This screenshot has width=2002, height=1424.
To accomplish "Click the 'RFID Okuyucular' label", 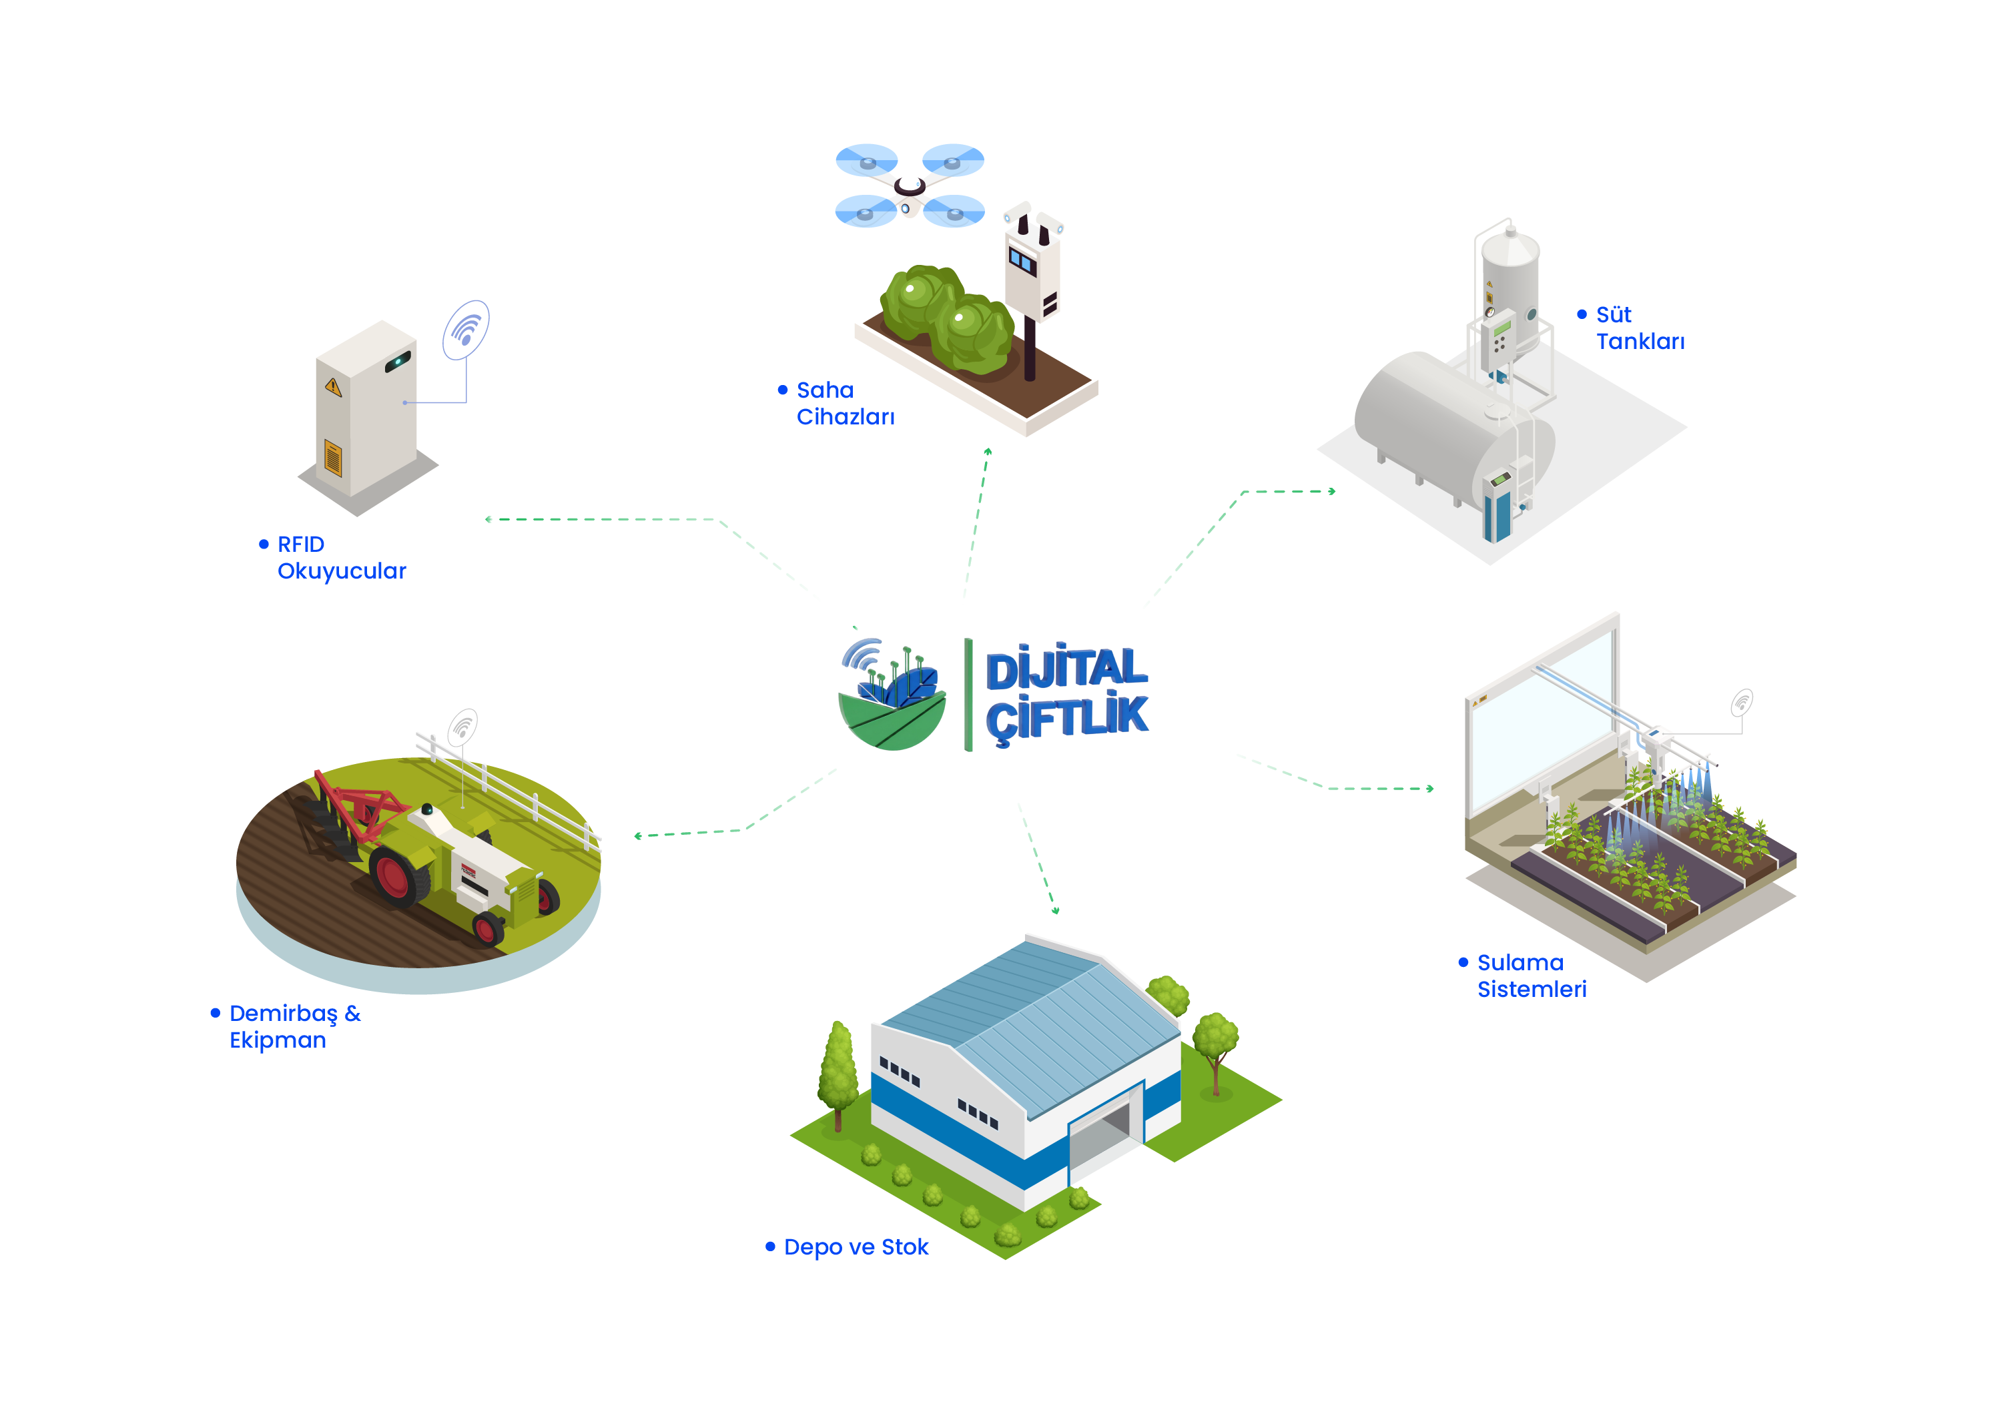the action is [x=341, y=558].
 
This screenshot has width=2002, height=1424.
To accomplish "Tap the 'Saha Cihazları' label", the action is [x=846, y=403].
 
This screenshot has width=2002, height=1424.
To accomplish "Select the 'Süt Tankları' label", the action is [x=1640, y=328].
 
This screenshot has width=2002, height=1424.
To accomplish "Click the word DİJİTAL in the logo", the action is [x=1066, y=667].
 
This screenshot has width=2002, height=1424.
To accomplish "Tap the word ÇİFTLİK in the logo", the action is [x=1066, y=718].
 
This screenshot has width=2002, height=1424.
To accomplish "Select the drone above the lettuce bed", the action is [x=910, y=185].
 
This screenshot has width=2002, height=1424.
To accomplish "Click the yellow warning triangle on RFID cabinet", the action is [x=332, y=386].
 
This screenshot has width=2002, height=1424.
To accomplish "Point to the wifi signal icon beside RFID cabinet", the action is [x=466, y=330].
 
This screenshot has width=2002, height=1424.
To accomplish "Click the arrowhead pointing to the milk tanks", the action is [x=1332, y=492].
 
